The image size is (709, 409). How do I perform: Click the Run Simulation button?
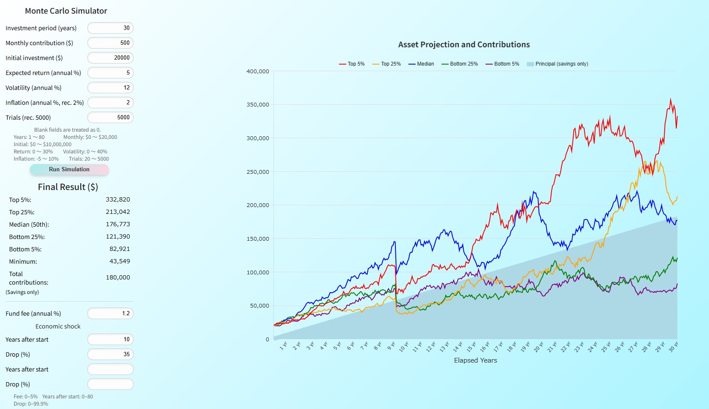click(69, 170)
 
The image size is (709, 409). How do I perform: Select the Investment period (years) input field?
click(110, 28)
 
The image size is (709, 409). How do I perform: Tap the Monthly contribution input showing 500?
click(110, 43)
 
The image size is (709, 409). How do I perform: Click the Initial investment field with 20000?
click(110, 58)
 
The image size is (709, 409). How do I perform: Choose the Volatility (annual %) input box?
click(110, 88)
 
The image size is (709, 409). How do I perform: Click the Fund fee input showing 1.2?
click(110, 314)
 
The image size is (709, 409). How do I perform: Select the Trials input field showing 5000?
click(110, 118)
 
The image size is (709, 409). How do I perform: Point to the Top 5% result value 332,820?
click(118, 199)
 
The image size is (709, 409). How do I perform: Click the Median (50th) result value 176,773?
click(118, 224)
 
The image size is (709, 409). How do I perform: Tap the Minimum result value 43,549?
click(119, 261)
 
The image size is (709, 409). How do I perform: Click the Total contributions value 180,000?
click(118, 277)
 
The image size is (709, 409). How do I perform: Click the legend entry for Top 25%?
click(386, 64)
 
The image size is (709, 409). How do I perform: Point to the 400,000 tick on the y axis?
click(258, 72)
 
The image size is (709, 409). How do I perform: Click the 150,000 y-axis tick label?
click(258, 239)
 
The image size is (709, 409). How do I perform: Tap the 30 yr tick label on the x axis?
click(673, 347)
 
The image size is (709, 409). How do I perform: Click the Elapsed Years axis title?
click(475, 360)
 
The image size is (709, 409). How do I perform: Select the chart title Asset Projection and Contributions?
click(464, 45)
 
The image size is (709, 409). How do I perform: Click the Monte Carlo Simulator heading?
click(66, 11)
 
